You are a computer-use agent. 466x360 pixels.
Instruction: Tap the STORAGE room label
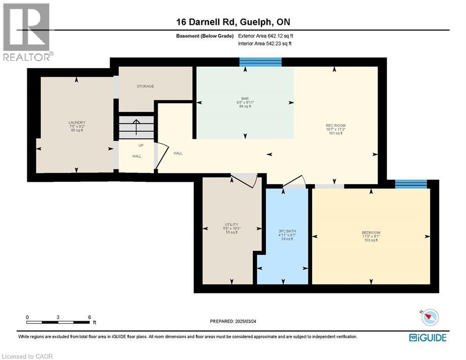[145, 86]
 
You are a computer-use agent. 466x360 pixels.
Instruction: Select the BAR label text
[244, 98]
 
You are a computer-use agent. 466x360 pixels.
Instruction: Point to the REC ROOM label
[335, 125]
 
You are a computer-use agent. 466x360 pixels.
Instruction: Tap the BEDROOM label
[370, 233]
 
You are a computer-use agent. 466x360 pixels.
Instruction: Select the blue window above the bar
[260, 62]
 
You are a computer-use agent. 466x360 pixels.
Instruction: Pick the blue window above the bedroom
[411, 184]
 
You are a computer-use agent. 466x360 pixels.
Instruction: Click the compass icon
[429, 318]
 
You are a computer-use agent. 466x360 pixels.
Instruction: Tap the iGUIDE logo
[427, 337]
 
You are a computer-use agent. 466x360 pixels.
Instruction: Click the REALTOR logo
[27, 32]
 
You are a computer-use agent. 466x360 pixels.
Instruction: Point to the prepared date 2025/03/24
[234, 321]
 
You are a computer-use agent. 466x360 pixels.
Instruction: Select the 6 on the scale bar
[89, 317]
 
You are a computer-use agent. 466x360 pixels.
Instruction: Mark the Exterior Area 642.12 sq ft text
[266, 36]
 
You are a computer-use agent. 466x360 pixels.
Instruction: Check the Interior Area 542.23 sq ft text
[265, 44]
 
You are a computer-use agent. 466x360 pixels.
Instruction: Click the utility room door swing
[245, 180]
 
